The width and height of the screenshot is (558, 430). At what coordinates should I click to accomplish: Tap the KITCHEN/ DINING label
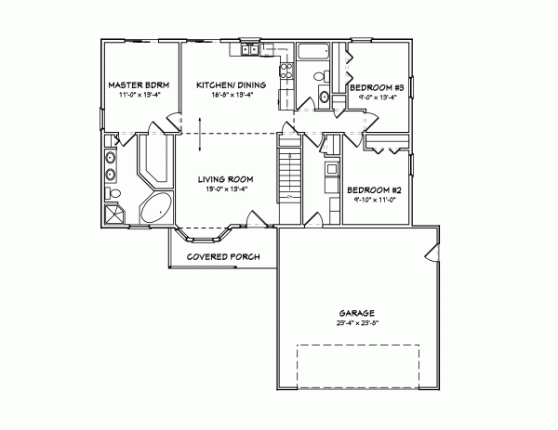[x=232, y=85]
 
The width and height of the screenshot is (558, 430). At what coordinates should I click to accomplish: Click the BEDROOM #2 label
[x=374, y=191]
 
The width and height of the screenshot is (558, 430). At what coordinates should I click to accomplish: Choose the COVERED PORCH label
[x=222, y=256]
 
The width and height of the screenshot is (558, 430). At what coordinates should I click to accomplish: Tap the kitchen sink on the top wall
[x=250, y=49]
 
